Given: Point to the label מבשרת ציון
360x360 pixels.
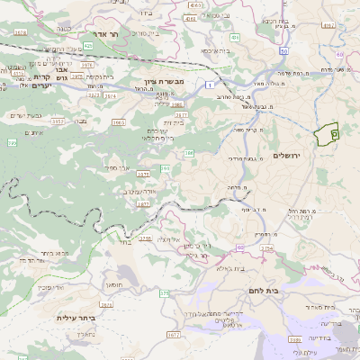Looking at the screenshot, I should pos(165,82).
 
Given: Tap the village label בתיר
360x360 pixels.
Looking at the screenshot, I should pos(126,241).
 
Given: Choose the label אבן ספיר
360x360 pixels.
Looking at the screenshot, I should pos(117,167).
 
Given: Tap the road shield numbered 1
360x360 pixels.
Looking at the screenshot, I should pos(208,83).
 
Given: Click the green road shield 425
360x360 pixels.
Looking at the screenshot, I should pos(87,44).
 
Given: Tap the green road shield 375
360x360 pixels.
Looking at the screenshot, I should pos(164,293).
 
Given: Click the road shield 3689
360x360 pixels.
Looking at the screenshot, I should pos(295,339).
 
